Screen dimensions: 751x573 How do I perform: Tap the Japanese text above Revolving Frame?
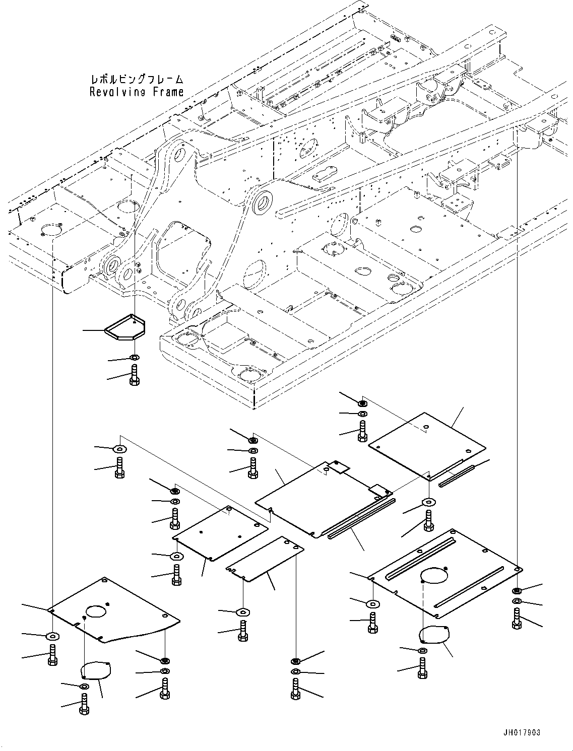point(137,80)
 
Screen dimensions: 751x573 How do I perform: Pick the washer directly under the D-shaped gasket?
point(134,358)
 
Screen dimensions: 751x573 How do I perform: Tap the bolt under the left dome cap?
point(84,703)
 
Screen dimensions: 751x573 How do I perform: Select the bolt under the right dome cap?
point(422,668)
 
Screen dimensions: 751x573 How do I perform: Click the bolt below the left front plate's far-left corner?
point(52,654)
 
